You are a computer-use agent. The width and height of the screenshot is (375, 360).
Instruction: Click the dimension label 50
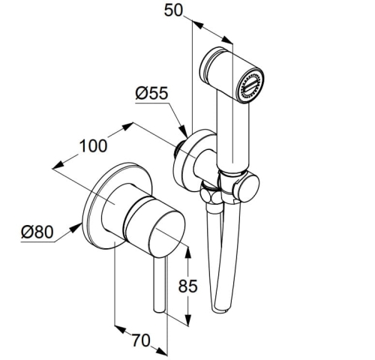pyautogui.click(x=173, y=10)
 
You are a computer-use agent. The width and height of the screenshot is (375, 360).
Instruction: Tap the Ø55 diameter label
pyautogui.click(x=151, y=93)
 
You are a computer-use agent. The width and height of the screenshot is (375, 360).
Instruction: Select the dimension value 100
pyautogui.click(x=93, y=145)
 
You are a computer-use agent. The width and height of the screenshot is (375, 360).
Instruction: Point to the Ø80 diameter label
pyautogui.click(x=37, y=232)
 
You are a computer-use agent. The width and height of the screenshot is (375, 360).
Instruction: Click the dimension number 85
pyautogui.click(x=187, y=286)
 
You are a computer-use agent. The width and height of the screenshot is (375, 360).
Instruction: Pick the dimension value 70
pyautogui.click(x=141, y=340)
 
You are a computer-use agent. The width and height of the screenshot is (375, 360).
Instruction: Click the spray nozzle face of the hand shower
pyautogui.click(x=250, y=85)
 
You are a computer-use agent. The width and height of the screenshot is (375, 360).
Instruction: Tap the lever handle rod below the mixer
pyautogui.click(x=159, y=284)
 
